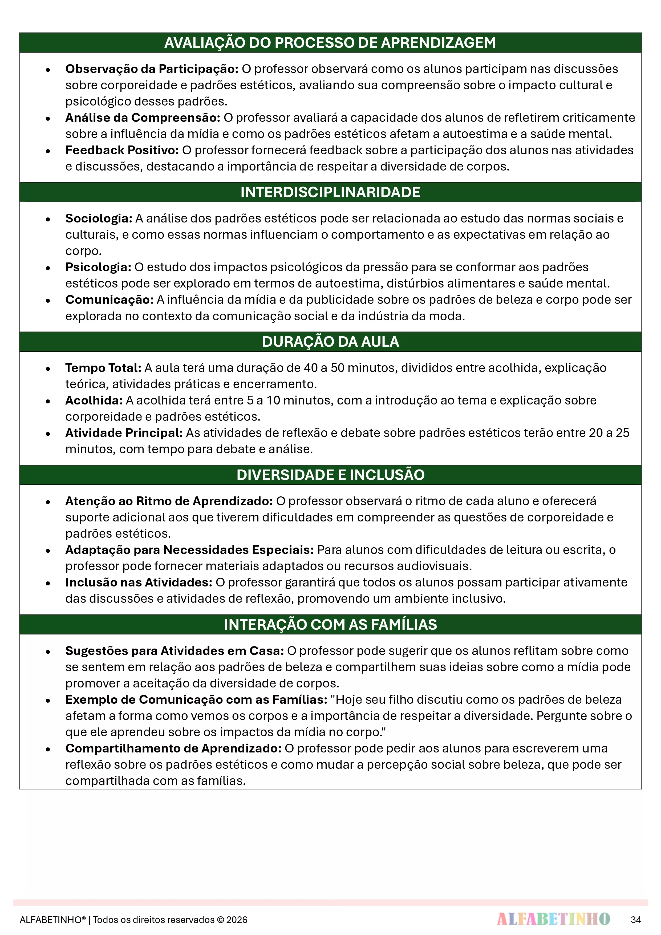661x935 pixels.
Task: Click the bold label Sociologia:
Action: tap(99, 219)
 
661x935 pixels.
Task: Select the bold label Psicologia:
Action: tap(98, 267)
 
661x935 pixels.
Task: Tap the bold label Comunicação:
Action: tap(110, 300)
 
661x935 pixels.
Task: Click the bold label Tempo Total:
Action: tap(103, 368)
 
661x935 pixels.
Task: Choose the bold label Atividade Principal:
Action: tap(124, 433)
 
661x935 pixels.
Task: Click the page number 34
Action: tap(636, 920)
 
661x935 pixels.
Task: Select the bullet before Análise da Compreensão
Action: tap(48, 119)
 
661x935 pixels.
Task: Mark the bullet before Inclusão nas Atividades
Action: tap(48, 583)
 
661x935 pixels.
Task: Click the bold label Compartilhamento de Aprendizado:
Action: tap(173, 748)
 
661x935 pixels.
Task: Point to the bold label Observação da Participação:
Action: tap(152, 69)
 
